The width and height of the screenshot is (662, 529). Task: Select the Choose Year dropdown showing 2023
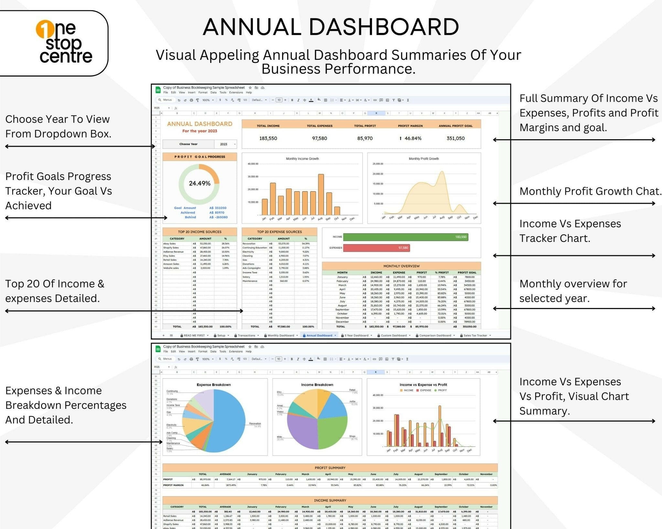click(x=225, y=144)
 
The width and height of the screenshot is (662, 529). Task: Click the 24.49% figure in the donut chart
click(x=199, y=183)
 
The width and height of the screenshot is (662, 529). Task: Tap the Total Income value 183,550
click(x=268, y=138)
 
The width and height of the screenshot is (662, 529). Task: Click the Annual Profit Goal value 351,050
click(x=455, y=138)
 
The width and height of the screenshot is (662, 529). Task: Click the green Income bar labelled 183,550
click(x=405, y=237)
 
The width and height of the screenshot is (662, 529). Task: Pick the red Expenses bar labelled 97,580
click(x=376, y=248)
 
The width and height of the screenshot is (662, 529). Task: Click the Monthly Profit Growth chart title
click(x=423, y=159)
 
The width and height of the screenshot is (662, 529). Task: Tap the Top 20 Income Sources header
click(x=199, y=232)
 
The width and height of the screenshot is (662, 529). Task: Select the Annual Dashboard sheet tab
click(x=319, y=335)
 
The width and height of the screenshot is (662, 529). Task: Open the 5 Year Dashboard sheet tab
click(x=356, y=335)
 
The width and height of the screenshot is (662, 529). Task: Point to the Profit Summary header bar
click(x=330, y=468)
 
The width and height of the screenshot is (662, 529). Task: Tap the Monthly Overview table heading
click(x=401, y=266)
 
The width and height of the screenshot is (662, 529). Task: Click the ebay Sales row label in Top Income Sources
click(x=170, y=244)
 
